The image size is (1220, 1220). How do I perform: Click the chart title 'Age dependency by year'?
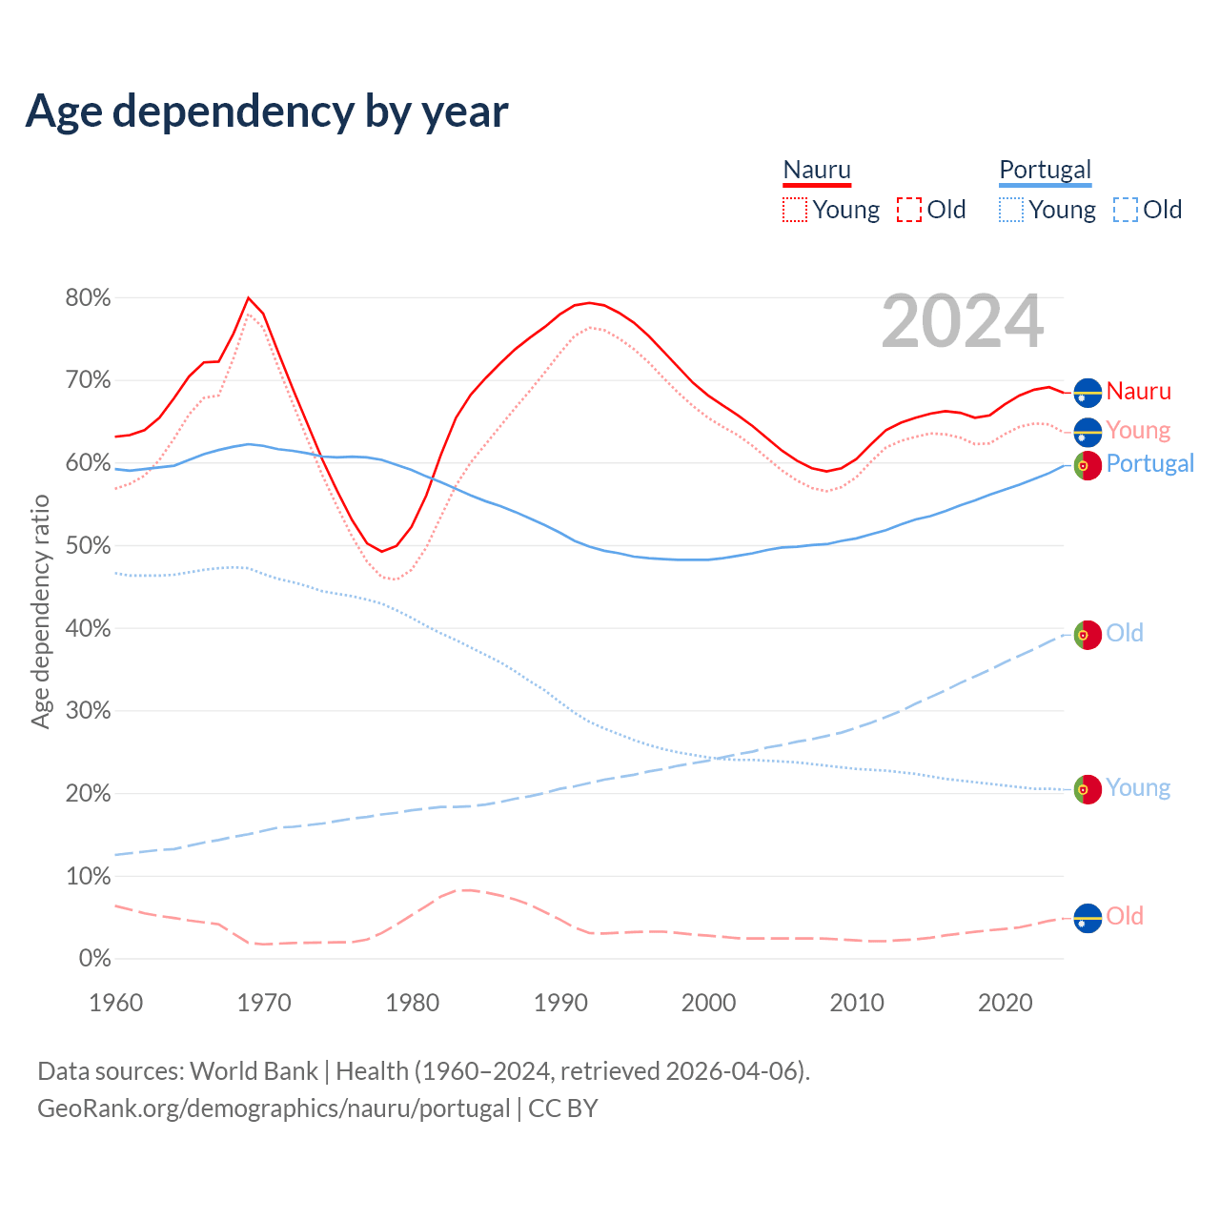pos(267,111)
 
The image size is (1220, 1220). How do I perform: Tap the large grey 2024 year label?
pos(963,322)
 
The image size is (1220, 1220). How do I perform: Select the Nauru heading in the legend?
pos(817,170)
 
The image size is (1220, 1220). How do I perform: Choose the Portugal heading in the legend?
pos(1045,170)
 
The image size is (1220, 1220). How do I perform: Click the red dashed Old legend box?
pos(909,210)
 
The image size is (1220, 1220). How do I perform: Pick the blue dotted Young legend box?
pos(1011,210)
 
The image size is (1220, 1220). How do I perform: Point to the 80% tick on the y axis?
pos(88,298)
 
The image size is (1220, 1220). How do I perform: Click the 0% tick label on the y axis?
pos(93,959)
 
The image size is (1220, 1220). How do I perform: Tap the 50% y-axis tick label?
pos(88,546)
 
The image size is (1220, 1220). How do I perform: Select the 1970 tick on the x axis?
pos(264,1003)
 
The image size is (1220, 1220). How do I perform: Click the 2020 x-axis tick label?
pos(1006,1003)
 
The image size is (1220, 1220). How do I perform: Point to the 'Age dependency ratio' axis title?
pos(40,611)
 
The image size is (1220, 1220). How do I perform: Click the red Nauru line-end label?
pos(1138,392)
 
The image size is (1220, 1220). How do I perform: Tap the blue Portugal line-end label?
pos(1149,464)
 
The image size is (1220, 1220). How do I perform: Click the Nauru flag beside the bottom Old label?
pos(1088,918)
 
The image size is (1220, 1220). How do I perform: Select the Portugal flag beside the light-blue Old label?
pos(1088,635)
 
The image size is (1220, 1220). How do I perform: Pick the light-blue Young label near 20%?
pos(1137,788)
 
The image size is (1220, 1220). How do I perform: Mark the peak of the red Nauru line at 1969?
pos(249,297)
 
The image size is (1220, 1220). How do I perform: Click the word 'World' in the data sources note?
pos(219,1071)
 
